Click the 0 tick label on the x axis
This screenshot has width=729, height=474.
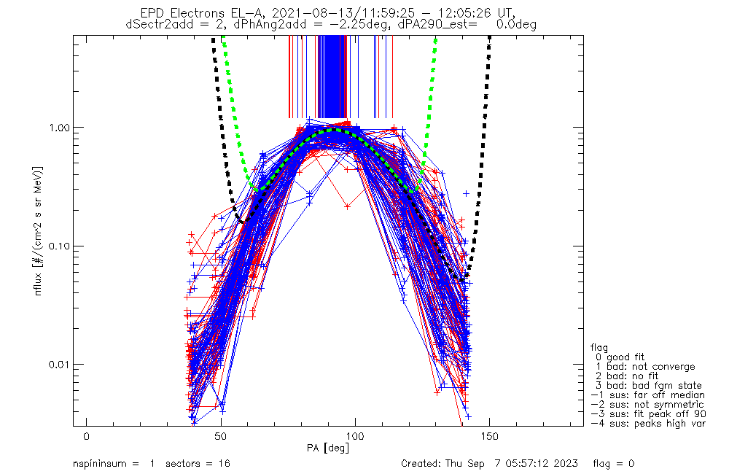point(87,435)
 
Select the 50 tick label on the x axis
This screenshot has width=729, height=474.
point(221,435)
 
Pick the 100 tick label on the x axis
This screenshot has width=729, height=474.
point(355,435)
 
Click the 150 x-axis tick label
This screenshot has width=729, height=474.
point(489,435)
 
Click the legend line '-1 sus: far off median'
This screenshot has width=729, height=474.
point(647,395)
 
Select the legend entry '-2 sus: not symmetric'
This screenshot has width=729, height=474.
point(647,404)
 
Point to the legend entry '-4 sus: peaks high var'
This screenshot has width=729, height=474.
point(647,423)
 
